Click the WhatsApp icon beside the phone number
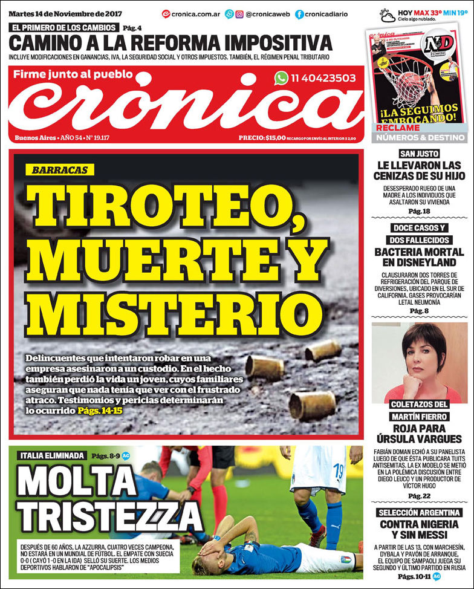point(281,78)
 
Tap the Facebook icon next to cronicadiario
point(299,14)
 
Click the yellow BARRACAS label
point(60,170)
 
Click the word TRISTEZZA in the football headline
point(109,516)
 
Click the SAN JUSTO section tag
point(418,154)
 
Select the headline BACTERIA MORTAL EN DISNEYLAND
point(418,257)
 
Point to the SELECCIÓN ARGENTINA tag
point(418,512)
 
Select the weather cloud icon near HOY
point(388,15)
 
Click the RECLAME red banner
point(398,128)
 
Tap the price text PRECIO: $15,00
point(262,138)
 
